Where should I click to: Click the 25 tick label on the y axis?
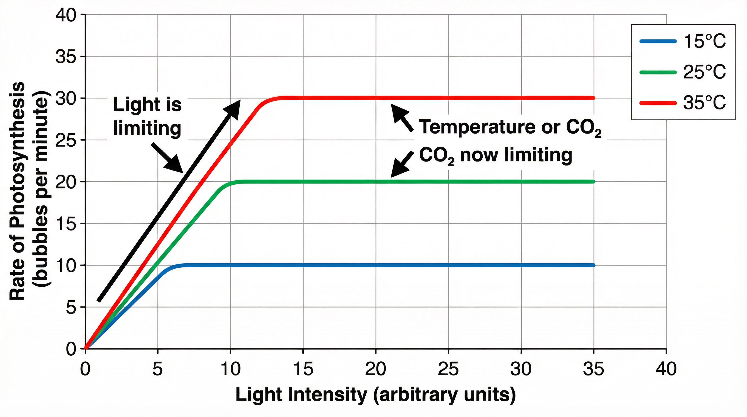66,140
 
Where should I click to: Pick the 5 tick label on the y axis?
71,307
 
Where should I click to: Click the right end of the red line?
593,98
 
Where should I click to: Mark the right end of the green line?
593,182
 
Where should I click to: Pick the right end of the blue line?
593,265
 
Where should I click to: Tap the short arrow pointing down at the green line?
402,164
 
